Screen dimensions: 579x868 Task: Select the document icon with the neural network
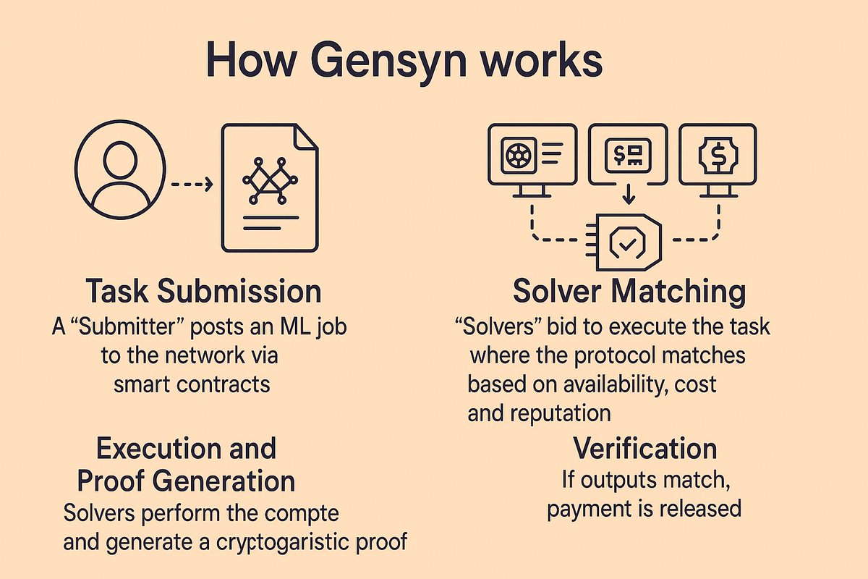click(269, 188)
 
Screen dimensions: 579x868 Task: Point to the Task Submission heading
click(203, 292)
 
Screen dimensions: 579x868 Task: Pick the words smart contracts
click(192, 384)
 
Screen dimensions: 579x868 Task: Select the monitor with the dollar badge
click(718, 156)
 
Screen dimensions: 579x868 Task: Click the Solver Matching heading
click(629, 292)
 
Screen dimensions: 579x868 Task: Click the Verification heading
click(645, 449)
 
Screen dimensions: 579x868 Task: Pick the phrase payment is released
click(644, 508)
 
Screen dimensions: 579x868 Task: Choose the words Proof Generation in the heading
click(196, 481)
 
